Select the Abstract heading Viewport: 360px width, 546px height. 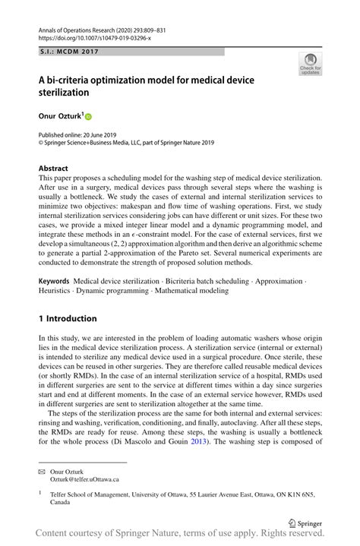pyautogui.click(x=53, y=168)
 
